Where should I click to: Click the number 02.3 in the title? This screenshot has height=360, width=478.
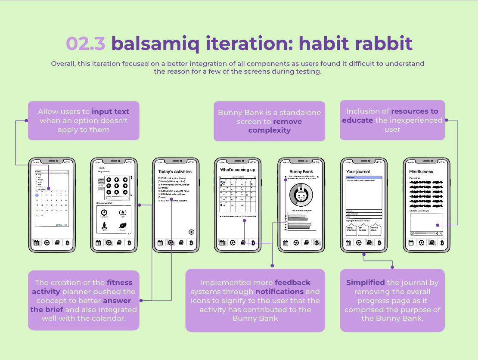click(x=85, y=43)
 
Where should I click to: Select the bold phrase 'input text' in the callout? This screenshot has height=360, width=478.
click(x=110, y=112)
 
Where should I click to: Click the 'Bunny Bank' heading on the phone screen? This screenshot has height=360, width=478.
click(x=301, y=171)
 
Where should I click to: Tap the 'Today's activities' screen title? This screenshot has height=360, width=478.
click(x=175, y=171)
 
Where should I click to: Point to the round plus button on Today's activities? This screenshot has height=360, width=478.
click(x=191, y=232)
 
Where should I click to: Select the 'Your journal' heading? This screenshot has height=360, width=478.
click(x=358, y=171)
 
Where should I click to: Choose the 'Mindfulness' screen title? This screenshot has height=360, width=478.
click(x=421, y=171)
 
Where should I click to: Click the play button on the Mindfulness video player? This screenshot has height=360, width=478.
click(x=412, y=233)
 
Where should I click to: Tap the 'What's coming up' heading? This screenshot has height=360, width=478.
click(x=238, y=170)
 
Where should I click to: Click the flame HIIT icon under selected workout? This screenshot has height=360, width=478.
click(x=122, y=212)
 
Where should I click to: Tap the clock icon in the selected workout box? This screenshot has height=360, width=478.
click(x=104, y=212)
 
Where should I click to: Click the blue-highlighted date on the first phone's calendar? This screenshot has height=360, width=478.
click(x=37, y=195)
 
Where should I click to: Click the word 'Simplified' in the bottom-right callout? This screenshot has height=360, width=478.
click(x=366, y=282)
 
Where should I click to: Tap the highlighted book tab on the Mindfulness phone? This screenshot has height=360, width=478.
click(x=432, y=243)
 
